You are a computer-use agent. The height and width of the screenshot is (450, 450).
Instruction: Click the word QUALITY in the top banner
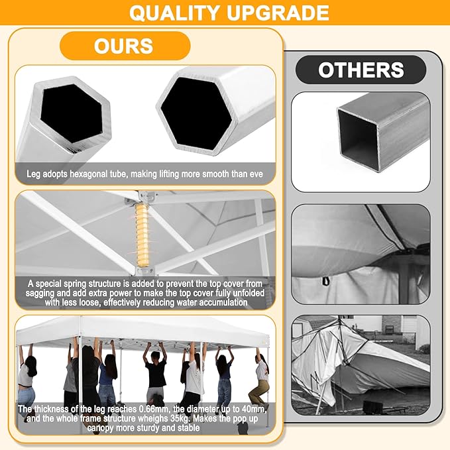pos(174,13)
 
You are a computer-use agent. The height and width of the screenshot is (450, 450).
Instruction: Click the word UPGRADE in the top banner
pos(278,13)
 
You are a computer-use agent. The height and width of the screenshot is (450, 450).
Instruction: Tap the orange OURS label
pos(125,46)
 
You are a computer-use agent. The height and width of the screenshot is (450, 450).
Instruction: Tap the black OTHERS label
pos(361,70)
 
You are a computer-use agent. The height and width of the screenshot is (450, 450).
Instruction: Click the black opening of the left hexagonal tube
pos(72,113)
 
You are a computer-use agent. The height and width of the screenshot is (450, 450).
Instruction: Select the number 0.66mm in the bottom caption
pos(154,409)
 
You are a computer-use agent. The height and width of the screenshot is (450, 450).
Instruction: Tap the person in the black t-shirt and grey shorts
pos(156,373)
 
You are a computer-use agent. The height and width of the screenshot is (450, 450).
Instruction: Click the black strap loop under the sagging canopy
pos(325,281)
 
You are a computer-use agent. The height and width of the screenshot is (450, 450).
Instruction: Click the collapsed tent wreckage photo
pos(361,365)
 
